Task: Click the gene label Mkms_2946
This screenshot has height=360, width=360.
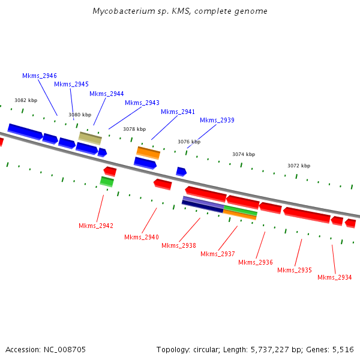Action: (40, 76)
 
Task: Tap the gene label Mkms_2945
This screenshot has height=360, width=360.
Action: (71, 85)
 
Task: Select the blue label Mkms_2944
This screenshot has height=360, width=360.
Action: (107, 94)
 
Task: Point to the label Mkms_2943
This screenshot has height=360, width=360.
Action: (142, 103)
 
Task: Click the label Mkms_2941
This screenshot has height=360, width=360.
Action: (178, 112)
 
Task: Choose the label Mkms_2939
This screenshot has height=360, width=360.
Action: (217, 121)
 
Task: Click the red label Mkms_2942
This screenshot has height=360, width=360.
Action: (96, 226)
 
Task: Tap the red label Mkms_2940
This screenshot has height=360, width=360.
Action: (142, 238)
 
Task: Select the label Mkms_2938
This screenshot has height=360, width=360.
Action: (179, 245)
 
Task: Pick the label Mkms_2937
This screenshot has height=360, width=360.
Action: (218, 254)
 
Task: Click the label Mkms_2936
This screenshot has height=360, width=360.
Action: (256, 262)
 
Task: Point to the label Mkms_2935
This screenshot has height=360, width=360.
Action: (295, 270)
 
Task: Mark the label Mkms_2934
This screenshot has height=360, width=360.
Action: (335, 277)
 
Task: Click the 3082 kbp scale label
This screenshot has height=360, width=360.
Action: (26, 101)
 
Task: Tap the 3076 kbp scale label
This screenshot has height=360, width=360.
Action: (189, 142)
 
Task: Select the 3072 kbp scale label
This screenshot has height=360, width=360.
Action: (299, 166)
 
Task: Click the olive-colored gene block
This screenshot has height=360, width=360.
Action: (90, 138)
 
